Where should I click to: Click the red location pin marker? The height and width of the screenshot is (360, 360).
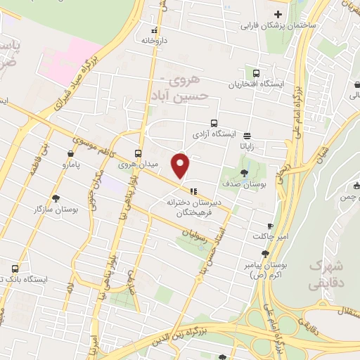[181, 166]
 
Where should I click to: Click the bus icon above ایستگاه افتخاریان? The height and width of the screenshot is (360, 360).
[255, 73]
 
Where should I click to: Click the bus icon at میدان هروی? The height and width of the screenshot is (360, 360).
[138, 153]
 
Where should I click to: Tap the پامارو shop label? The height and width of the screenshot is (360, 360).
[70, 165]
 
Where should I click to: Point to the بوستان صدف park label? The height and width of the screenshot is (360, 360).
[243, 184]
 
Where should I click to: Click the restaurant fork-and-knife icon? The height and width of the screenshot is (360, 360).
[193, 190]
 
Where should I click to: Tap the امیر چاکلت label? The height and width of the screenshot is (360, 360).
[271, 238]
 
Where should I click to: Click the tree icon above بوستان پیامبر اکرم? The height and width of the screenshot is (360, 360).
[265, 254]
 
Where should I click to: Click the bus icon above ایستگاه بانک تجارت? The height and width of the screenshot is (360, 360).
[15, 268]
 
